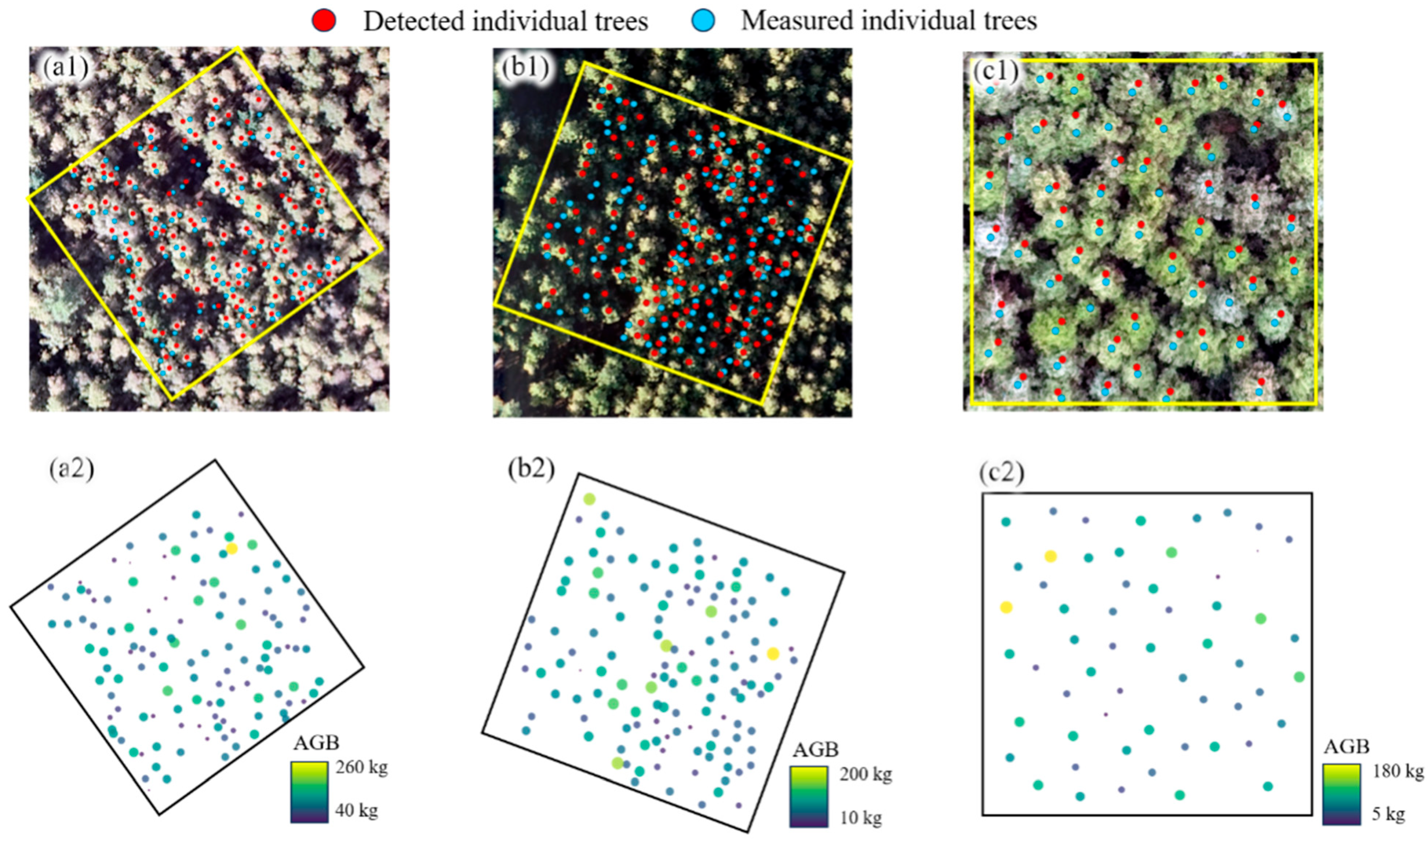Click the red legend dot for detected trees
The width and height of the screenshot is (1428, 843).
(324, 21)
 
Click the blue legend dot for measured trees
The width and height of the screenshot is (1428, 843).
(703, 21)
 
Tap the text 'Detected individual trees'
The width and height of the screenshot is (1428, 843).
(505, 21)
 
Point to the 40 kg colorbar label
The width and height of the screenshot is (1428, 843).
(357, 810)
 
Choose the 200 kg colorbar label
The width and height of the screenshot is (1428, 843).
(866, 774)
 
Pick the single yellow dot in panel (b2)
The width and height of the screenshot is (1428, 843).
(773, 654)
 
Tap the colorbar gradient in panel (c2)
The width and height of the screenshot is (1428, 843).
(1341, 794)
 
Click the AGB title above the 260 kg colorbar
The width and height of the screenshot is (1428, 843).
(316, 743)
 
